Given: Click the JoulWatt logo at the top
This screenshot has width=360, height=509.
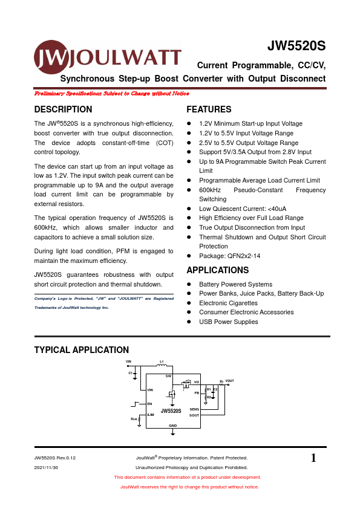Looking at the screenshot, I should pos(107,57).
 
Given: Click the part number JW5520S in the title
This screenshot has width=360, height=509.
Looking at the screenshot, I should pos(296,47).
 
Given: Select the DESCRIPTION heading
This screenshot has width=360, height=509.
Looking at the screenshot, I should pos(64,109).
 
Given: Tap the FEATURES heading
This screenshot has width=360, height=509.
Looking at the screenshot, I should pos(209,109).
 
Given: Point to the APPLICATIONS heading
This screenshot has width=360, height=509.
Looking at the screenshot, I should pos(217,270).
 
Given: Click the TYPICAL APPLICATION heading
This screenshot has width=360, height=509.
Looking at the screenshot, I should pos(81,350).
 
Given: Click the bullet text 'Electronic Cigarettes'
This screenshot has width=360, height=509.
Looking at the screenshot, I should pos(229,303).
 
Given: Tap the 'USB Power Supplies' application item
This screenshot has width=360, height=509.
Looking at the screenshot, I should pos(228,322).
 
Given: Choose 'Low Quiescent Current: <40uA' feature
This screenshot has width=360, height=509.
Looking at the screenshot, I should pos(243,209).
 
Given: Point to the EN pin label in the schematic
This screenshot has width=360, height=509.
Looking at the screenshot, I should pos(149,404).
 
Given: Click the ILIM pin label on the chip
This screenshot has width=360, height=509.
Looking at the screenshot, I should pos(150,415).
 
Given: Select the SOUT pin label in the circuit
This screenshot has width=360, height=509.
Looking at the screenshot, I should pos(194,415).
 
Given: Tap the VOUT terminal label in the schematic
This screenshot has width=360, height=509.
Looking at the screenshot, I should pos(229,381).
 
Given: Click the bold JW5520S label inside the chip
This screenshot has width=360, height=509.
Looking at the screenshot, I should pos(171,410).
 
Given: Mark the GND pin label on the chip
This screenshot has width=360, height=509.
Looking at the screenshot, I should pos(172,426).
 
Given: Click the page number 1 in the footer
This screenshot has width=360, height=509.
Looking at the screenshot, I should pos(313,458).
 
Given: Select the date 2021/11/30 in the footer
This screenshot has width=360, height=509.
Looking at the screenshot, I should pos(46,467).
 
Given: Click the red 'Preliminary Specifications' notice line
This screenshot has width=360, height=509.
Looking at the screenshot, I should pos(112,94).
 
